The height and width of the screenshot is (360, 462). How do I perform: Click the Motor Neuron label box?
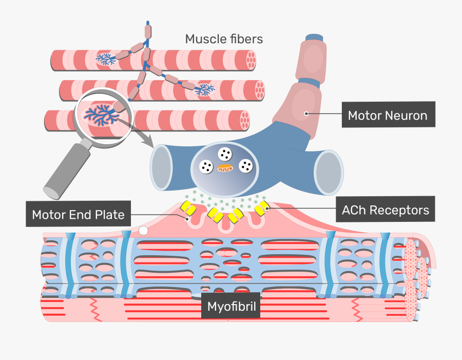(388, 116)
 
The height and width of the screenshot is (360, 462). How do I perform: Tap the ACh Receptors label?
(386, 210)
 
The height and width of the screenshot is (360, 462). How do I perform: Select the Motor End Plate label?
(78, 214)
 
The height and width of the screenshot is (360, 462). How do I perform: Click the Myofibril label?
(230, 307)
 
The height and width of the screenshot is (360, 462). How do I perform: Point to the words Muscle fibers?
(224, 39)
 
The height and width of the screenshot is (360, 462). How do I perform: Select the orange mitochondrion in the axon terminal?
(225, 167)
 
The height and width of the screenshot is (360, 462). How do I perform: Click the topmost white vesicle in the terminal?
(224, 153)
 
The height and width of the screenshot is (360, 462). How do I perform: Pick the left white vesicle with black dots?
(206, 166)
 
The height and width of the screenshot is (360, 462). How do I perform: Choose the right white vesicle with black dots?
(246, 166)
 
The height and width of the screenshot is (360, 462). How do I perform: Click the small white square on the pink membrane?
(143, 232)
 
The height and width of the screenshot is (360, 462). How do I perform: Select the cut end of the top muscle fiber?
(251, 60)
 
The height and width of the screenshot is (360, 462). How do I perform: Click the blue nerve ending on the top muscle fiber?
(106, 60)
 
